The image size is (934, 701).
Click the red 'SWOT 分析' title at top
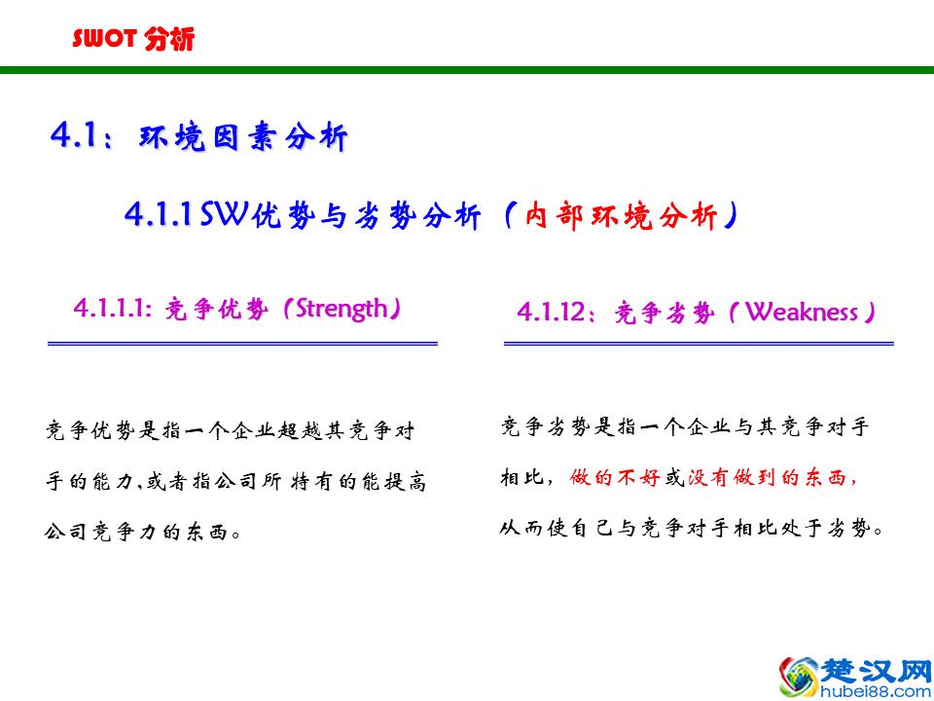pyautogui.click(x=133, y=39)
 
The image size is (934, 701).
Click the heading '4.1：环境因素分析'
pyautogui.click(x=198, y=137)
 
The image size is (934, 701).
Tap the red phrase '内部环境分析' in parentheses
pyautogui.click(x=621, y=216)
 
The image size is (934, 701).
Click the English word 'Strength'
pyautogui.click(x=341, y=310)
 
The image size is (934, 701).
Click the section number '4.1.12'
pyautogui.click(x=553, y=313)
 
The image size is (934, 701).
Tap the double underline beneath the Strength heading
pyautogui.click(x=242, y=343)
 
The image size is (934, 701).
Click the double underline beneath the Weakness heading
pyautogui.click(x=698, y=343)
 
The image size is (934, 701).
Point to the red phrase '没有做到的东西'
pyautogui.click(x=770, y=478)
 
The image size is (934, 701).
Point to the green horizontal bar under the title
pyautogui.click(x=467, y=70)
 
